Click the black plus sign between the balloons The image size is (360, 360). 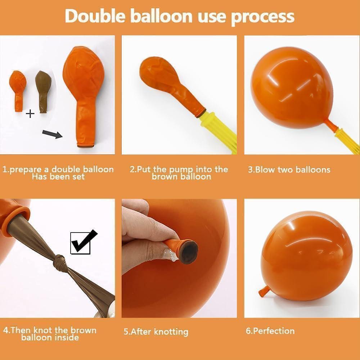pyautogui.click(x=30, y=114)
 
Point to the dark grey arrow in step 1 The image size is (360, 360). pyautogui.click(x=52, y=134)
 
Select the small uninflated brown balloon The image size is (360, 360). pyautogui.click(x=43, y=91)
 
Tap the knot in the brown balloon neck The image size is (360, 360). pyautogui.click(x=59, y=262)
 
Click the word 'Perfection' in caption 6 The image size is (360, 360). pyautogui.click(x=274, y=331)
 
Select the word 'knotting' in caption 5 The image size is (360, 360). pyautogui.click(x=171, y=332)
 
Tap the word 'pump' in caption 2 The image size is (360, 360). pyautogui.click(x=181, y=170)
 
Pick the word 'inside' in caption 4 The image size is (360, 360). pyautogui.click(x=67, y=337)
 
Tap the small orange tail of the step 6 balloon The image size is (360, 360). pyautogui.click(x=264, y=291)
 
